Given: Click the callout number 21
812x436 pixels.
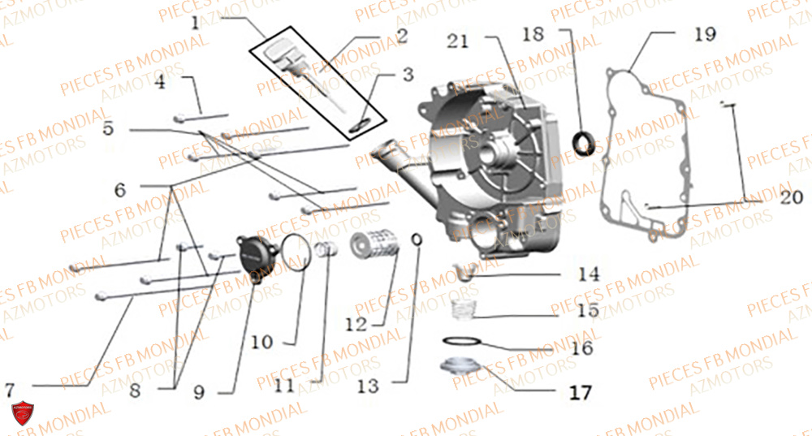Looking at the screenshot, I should (x=458, y=41).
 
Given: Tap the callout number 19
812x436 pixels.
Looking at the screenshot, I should (x=705, y=34).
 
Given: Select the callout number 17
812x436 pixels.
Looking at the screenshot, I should (x=579, y=394).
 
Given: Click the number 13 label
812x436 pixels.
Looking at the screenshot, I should (x=368, y=386).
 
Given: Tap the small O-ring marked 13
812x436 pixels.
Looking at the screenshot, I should (x=417, y=240).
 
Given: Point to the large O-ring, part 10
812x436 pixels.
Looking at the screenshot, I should (x=296, y=251).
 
